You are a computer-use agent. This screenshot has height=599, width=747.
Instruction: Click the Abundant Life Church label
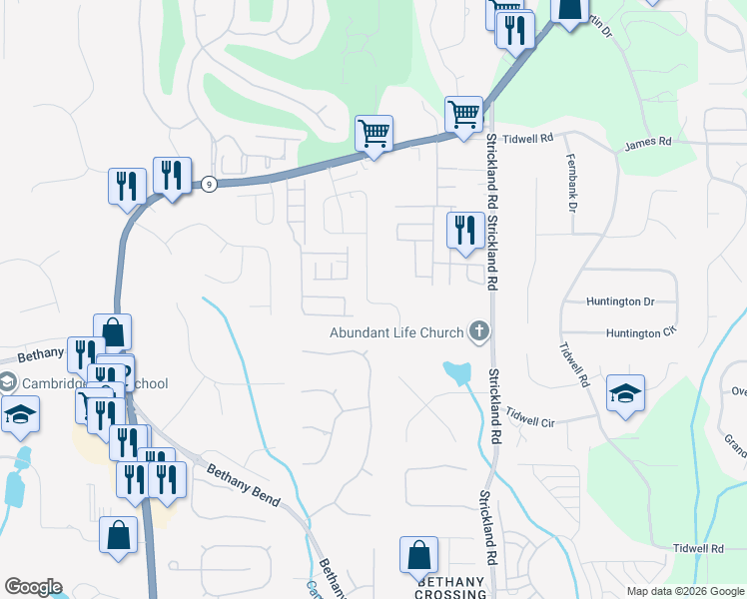click(396, 332)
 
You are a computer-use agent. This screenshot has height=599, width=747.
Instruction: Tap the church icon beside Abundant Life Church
click(479, 331)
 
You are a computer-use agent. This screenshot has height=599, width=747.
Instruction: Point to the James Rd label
click(648, 143)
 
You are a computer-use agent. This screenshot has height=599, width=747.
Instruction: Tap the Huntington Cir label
click(631, 332)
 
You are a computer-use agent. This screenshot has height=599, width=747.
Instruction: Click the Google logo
click(33, 587)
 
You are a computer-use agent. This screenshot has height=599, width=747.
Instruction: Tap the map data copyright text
click(684, 591)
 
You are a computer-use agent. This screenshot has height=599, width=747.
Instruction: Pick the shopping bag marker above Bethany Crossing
click(418, 555)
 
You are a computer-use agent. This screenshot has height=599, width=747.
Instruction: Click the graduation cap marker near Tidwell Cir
click(625, 392)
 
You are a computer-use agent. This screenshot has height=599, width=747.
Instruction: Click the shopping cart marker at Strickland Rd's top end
click(463, 115)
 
